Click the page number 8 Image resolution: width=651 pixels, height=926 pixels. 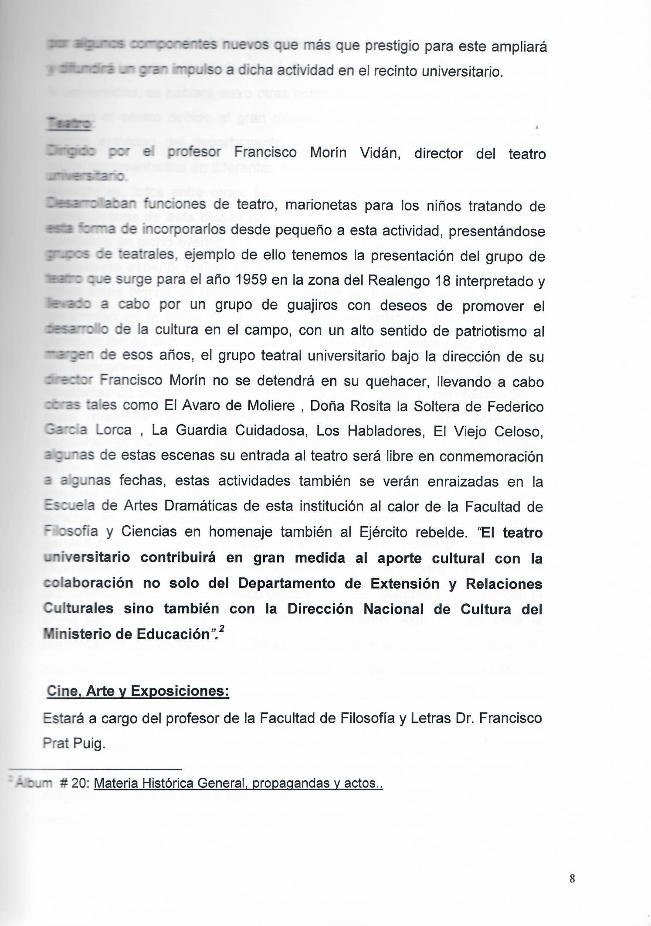coord(572,878)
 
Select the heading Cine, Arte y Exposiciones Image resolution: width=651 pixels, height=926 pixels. coord(138,691)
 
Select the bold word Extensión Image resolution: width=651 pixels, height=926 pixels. coord(405,584)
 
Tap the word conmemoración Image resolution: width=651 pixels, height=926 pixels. coord(492,456)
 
